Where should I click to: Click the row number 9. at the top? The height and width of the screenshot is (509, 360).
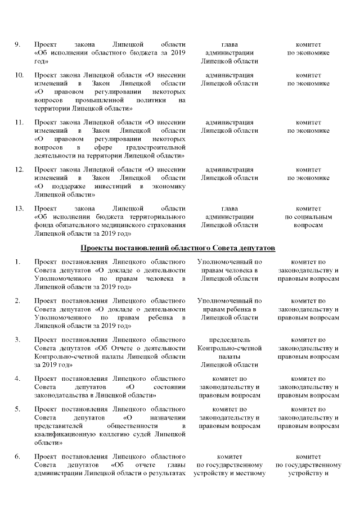click(17, 44)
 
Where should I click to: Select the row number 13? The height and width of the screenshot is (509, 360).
click(19, 208)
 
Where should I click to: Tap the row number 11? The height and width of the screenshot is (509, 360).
click(19, 122)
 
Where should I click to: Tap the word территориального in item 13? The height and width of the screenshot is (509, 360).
click(157, 216)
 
